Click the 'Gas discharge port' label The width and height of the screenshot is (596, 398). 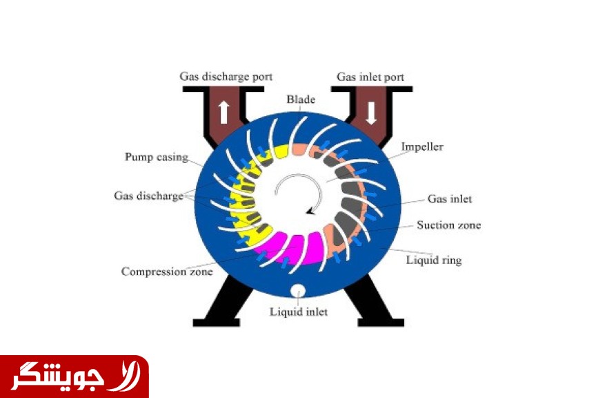coord(226,77)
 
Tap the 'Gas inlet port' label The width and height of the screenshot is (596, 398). coord(370,77)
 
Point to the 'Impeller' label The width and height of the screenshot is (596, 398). coord(422,147)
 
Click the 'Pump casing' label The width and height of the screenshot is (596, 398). coord(157,157)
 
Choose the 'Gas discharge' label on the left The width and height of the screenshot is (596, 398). coord(148,196)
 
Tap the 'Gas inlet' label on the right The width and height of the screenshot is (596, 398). coord(450,199)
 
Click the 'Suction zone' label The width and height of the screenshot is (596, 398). coord(449,225)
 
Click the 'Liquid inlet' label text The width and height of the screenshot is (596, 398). coord(299,312)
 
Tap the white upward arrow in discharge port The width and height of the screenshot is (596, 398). coord(223,111)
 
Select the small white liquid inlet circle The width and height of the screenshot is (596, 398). coord(299,291)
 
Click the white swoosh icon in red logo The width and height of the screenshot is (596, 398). coord(128,377)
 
